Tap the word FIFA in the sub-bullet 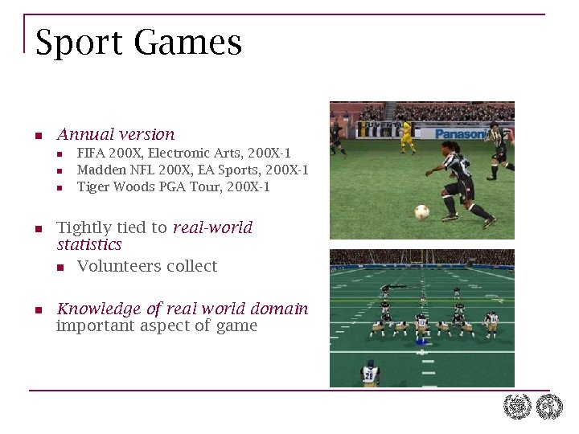90,153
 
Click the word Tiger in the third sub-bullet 92,187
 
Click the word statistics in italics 89,244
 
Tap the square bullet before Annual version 39,136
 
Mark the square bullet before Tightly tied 39,229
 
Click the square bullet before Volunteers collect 60,267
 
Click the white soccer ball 421,212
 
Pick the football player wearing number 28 370,374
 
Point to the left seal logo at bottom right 517,407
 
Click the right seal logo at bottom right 550,407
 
